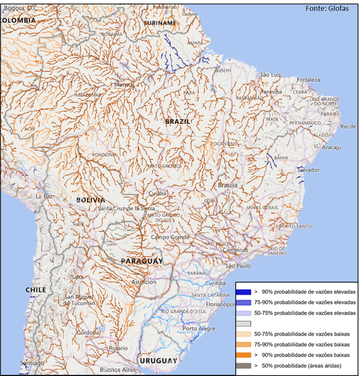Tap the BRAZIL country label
pyautogui.click(x=177, y=121)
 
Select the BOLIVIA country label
pyautogui.click(x=91, y=200)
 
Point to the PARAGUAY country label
pyautogui.click(x=142, y=261)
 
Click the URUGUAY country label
pyautogui.click(x=159, y=361)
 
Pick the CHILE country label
pyautogui.click(x=35, y=290)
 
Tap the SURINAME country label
pyautogui.click(x=160, y=23)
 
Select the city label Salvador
pyautogui.click(x=308, y=170)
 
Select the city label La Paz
pyautogui.click(x=44, y=196)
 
